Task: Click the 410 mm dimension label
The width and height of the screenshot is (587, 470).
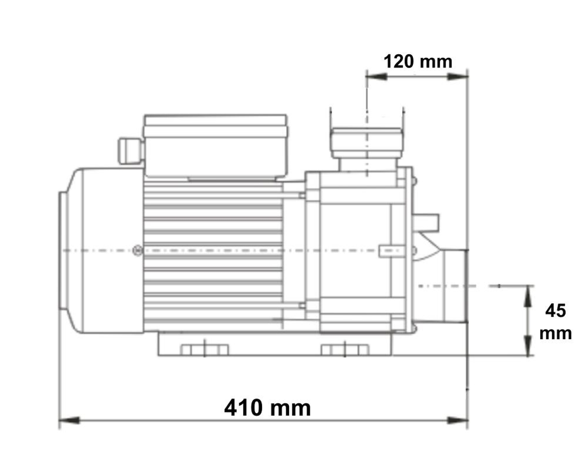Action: (267, 407)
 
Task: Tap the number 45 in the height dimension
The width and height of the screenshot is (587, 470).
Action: (555, 310)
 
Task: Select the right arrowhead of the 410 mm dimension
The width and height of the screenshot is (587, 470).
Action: (458, 421)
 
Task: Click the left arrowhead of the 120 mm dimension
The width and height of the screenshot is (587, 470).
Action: (376, 76)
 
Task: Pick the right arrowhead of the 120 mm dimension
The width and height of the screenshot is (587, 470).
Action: (458, 76)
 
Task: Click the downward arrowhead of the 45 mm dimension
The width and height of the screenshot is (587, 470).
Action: (528, 345)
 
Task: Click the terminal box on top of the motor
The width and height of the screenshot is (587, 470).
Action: (215, 145)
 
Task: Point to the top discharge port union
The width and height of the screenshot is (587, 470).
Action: (366, 142)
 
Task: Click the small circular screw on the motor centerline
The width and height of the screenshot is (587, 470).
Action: (137, 251)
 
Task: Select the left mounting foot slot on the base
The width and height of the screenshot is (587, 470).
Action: (204, 350)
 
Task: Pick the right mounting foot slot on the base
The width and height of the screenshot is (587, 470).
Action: (344, 350)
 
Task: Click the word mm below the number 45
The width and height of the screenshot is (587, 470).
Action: (555, 333)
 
